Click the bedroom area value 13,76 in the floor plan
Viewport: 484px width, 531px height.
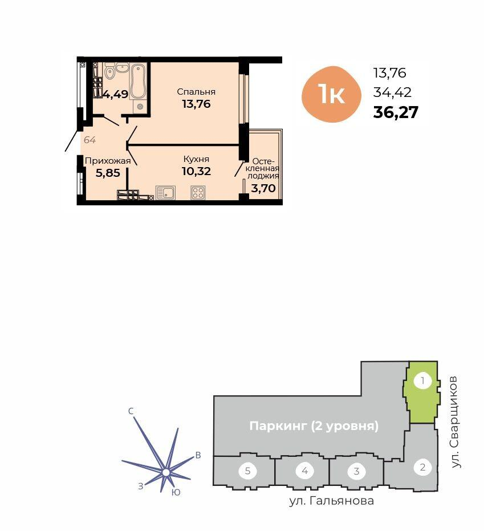click(196, 104)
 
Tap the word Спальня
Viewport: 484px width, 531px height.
click(196, 92)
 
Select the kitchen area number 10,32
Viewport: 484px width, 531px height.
click(196, 171)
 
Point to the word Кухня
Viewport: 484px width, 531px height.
click(196, 159)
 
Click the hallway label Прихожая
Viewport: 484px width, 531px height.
click(108, 161)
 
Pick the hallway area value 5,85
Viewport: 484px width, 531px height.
click(108, 173)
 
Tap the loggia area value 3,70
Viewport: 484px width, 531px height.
click(263, 188)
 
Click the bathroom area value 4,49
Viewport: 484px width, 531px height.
click(116, 94)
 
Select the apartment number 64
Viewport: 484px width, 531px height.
click(90, 140)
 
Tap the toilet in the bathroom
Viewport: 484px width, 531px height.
click(109, 72)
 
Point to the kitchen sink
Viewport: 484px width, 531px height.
click(165, 193)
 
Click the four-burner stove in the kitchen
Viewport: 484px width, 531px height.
click(198, 193)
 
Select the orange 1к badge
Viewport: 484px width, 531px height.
click(331, 95)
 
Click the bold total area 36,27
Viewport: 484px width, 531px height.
click(396, 112)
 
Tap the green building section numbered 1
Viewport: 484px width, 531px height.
click(422, 393)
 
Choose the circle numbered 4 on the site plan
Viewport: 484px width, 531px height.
click(304, 471)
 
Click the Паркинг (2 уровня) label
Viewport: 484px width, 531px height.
click(314, 425)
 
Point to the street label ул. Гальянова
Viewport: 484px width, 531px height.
click(331, 501)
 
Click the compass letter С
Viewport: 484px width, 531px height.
click(131, 411)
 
